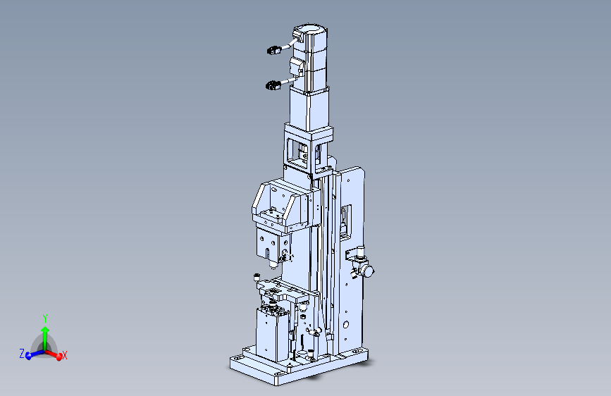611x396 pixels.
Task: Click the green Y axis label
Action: (x=45, y=318)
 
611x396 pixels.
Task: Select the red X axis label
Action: (x=65, y=355)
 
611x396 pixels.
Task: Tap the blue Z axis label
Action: (x=22, y=354)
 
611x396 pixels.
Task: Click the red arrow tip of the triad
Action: (x=59, y=357)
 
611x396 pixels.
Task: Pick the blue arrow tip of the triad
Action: (x=28, y=356)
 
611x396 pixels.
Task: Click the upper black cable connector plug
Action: (x=274, y=50)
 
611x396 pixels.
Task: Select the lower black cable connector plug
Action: (x=273, y=85)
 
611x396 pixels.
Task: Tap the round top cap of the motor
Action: (x=310, y=30)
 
